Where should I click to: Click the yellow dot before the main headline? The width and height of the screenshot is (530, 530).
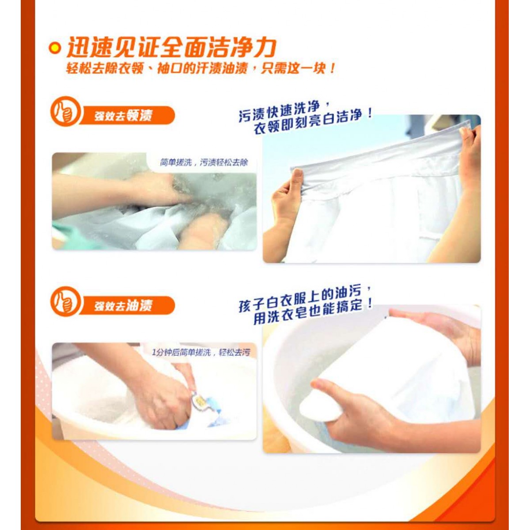click(55, 49)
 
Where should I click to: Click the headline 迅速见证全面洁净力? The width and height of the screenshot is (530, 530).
click(171, 47)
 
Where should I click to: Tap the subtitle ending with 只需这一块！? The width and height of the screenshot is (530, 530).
click(200, 68)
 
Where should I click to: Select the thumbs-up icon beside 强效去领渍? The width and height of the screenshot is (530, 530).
click(65, 111)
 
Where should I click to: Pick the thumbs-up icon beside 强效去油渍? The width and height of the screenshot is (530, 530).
click(65, 302)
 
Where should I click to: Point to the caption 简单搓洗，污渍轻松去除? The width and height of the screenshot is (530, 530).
click(204, 163)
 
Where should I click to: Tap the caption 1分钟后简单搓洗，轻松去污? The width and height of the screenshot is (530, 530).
click(201, 352)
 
